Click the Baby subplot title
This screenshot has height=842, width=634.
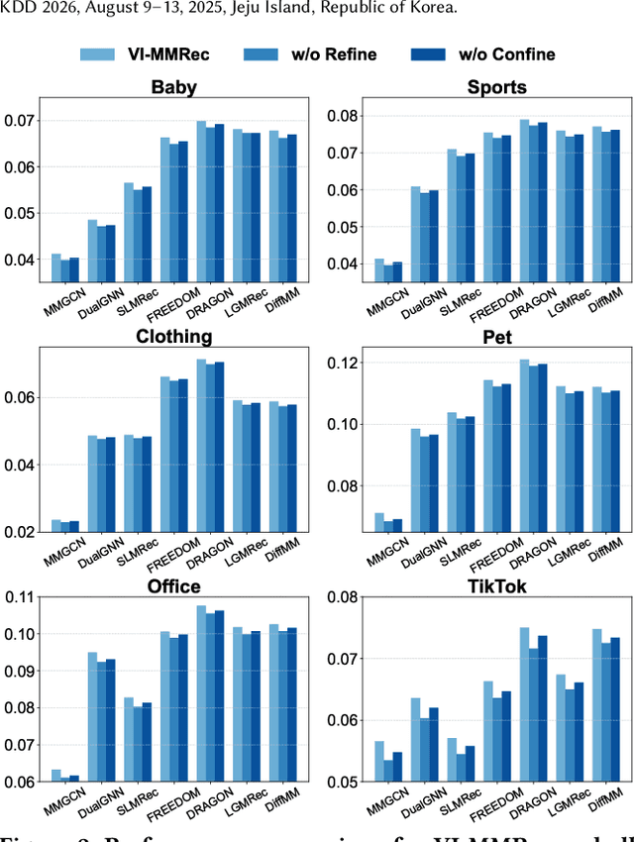pos(173,87)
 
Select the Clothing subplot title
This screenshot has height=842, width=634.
pos(173,336)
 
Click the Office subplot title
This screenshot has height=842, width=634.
pos(173,585)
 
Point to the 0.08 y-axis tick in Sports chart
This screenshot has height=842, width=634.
pos(344,116)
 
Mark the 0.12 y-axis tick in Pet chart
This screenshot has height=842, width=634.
pos(344,364)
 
